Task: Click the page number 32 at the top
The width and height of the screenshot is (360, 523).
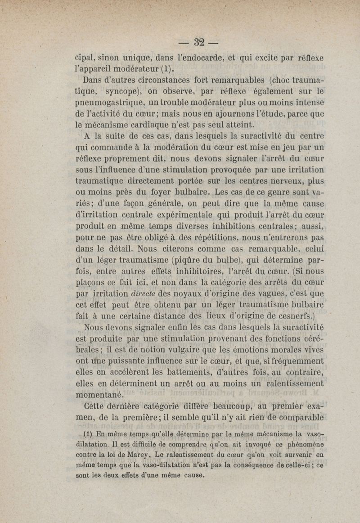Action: [x=199, y=42]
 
